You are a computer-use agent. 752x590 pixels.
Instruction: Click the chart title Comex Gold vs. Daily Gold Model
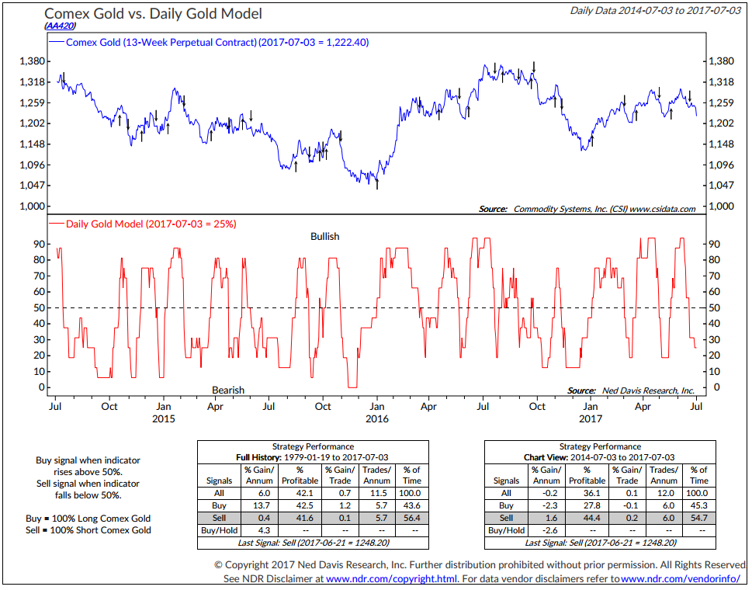coord(153,14)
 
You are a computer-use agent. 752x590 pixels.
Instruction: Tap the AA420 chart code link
coord(60,26)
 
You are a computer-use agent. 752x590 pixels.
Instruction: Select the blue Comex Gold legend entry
coord(217,42)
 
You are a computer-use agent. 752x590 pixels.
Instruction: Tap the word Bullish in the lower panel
coord(325,236)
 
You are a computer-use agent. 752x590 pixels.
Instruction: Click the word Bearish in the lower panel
coord(228,390)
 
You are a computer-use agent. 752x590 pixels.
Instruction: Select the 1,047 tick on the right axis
coord(721,186)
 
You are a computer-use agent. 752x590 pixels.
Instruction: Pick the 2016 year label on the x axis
coord(376,419)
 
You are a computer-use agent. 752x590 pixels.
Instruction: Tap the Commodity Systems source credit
coord(587,209)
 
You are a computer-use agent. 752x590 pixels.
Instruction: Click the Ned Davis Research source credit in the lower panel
coord(631,390)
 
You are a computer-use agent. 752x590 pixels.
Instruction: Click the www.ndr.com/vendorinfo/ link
coord(675,578)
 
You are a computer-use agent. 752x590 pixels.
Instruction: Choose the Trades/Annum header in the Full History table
coord(376,475)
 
